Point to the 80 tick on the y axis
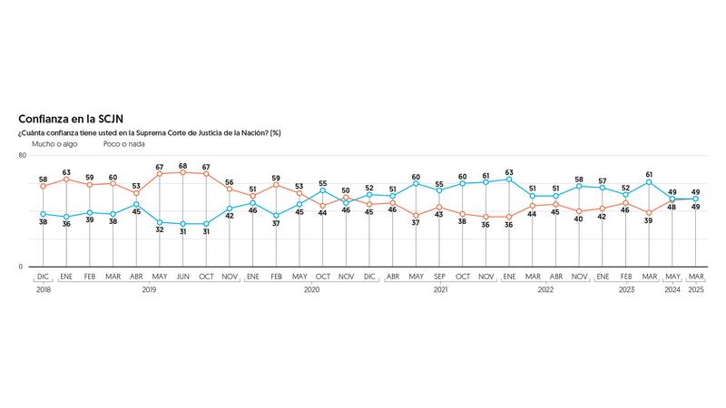(21, 156)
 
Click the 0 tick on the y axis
(21, 267)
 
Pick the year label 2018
(42, 290)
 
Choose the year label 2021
(440, 290)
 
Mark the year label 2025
(696, 290)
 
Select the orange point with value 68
(183, 171)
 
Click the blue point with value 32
(160, 222)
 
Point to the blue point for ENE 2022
(509, 180)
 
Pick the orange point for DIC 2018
(43, 186)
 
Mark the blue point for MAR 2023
(650, 182)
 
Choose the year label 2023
(626, 290)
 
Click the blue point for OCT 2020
(323, 190)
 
